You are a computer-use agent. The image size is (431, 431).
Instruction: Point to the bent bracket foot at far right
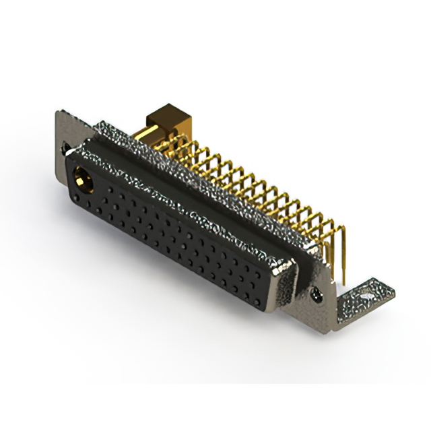pos(364,299)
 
